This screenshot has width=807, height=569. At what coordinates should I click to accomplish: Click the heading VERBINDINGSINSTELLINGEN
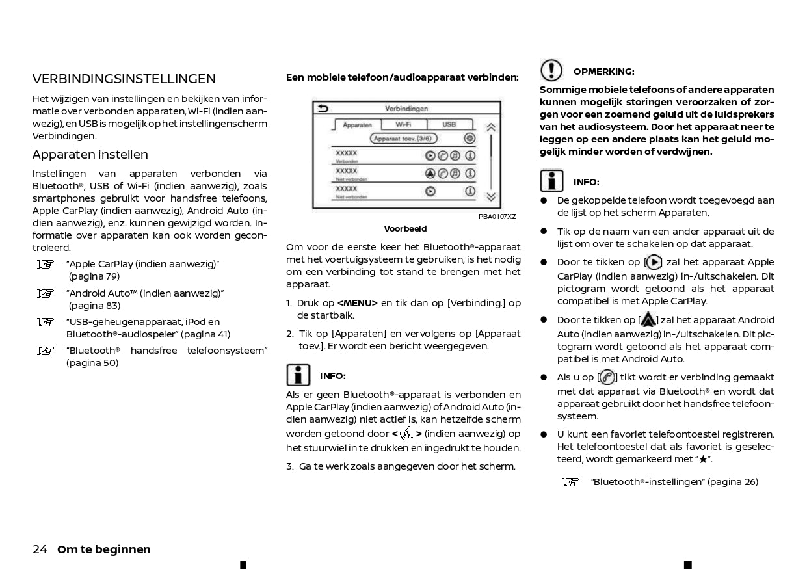(124, 79)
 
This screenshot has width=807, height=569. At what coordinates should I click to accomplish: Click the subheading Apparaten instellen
(90, 155)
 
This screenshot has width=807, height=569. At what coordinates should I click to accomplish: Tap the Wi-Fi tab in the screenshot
(403, 124)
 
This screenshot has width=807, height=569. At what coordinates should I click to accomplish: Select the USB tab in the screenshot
(449, 124)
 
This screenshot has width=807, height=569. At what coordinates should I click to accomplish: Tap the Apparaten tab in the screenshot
(357, 125)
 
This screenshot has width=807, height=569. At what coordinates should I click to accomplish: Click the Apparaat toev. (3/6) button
(404, 139)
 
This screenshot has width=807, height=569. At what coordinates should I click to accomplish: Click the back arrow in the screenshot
(323, 109)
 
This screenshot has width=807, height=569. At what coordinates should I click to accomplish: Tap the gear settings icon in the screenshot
(470, 139)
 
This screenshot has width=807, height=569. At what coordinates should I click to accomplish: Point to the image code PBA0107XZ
(497, 217)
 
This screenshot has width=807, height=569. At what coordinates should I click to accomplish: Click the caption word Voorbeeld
(405, 229)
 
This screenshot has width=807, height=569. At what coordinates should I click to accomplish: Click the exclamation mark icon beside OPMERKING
(551, 70)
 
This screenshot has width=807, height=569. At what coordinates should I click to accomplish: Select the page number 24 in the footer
(40, 549)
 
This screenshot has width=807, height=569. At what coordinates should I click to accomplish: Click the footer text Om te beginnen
(104, 549)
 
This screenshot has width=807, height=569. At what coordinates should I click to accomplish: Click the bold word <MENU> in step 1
(357, 303)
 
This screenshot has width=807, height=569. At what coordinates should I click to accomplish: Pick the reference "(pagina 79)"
(94, 276)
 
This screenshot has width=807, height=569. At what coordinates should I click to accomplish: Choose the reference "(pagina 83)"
(94, 306)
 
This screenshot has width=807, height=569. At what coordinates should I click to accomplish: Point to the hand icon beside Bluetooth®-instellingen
(570, 482)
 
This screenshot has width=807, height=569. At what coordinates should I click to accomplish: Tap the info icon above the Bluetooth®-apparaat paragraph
(298, 375)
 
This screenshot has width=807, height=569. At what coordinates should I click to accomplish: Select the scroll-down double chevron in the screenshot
(491, 196)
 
